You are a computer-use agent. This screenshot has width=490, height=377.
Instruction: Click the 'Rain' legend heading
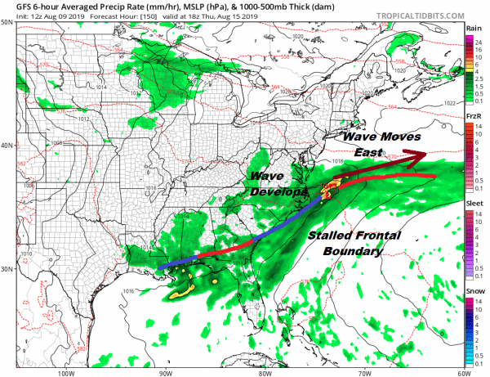click(472, 29)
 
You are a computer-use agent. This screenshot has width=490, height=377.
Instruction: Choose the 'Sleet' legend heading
click(473, 204)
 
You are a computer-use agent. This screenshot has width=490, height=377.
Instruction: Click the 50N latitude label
click(7, 22)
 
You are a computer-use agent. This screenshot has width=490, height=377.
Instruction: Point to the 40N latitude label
click(7, 146)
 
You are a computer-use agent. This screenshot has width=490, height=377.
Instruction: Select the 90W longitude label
click(166, 372)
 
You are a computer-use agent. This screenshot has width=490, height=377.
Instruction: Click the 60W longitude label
click(462, 372)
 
